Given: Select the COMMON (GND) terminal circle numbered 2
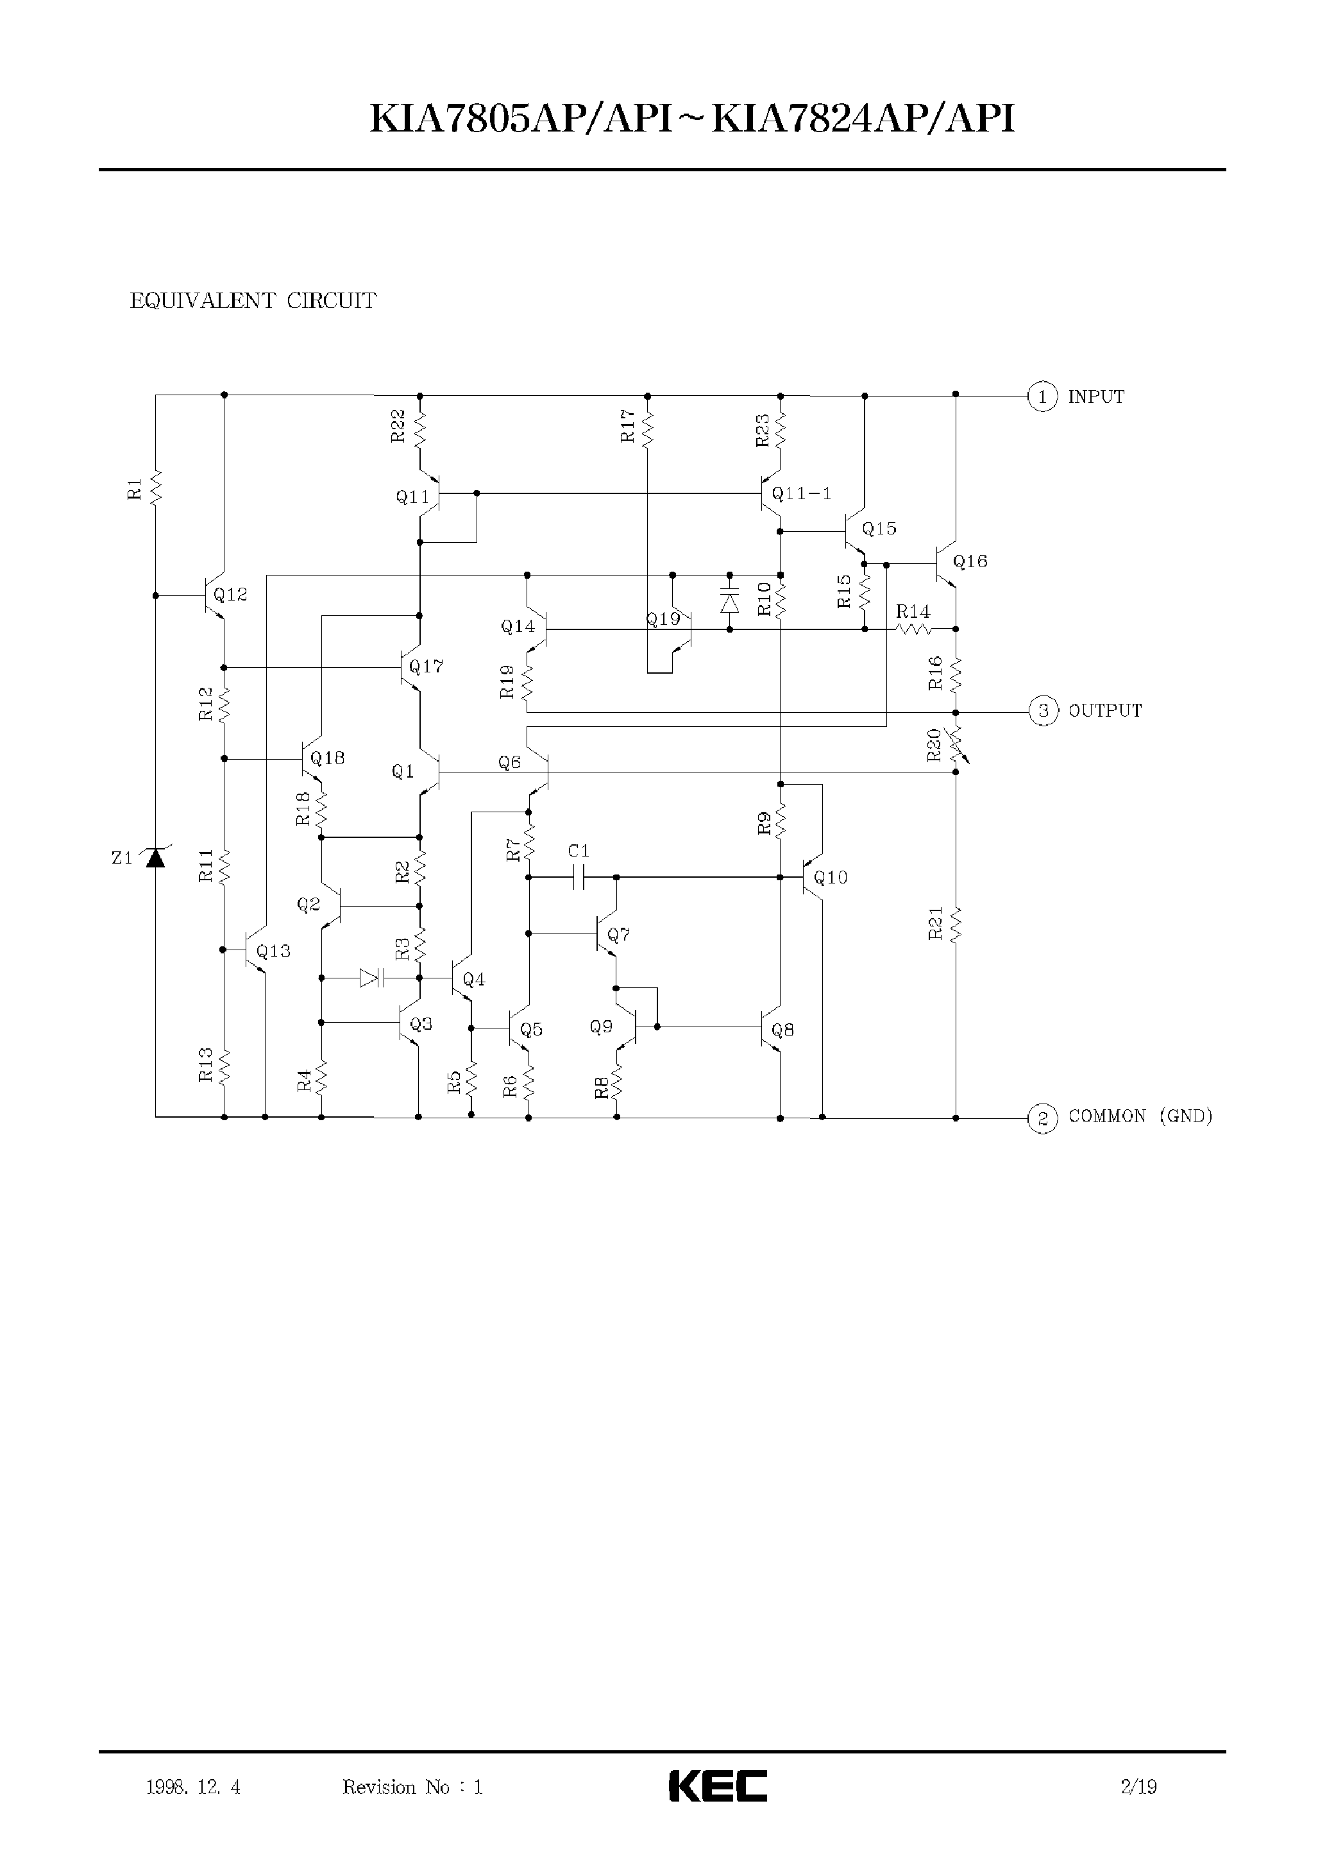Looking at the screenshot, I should click(x=1042, y=1118).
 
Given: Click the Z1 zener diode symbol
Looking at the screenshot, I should click(x=155, y=858).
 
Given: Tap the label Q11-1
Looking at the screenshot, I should click(x=801, y=494).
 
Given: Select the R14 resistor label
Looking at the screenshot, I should click(x=912, y=611).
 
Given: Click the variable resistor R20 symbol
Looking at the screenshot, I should click(x=956, y=742).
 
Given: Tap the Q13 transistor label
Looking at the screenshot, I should click(x=273, y=951).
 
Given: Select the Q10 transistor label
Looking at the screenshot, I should click(x=831, y=878).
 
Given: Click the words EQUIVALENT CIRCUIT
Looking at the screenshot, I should click(x=253, y=301).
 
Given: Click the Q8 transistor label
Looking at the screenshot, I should click(x=783, y=1030).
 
